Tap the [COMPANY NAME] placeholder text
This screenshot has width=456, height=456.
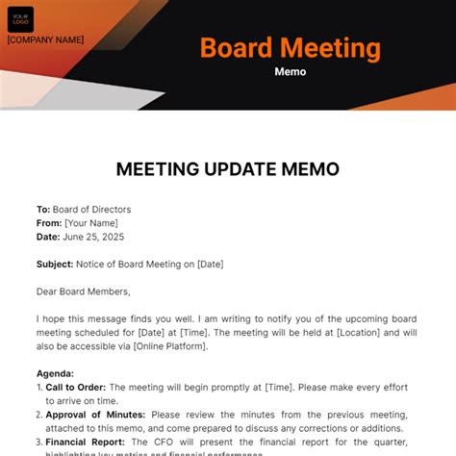45,40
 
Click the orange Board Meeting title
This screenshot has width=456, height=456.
290,48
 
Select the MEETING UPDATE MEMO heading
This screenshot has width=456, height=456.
228,168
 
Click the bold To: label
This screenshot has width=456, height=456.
43,209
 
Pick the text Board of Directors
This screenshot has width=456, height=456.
92,209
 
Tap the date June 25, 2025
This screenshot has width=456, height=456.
93,237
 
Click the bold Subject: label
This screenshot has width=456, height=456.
55,264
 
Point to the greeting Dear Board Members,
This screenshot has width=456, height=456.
83,291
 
